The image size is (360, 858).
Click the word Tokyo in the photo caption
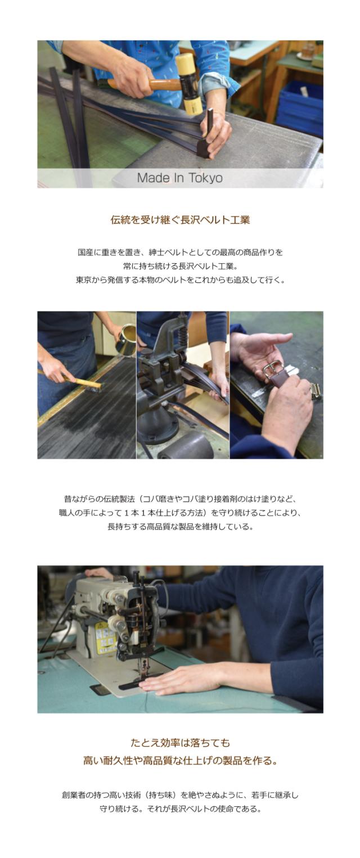205,178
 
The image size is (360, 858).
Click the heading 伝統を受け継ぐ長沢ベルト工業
180,220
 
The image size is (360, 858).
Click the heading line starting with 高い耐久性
180,761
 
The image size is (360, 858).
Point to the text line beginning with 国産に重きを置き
180,252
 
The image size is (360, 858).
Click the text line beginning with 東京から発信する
180,279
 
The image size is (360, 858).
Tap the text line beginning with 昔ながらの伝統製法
180,498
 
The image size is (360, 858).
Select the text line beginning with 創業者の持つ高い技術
180,795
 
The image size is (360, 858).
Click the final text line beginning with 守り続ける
180,809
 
